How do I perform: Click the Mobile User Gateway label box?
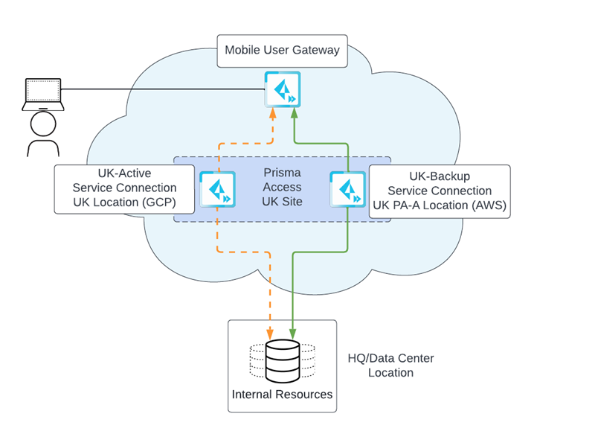point(282,51)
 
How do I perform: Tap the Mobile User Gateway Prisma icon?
point(282,89)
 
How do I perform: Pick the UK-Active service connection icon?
point(217,189)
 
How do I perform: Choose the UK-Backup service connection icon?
point(347,189)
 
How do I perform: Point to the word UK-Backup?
point(439,176)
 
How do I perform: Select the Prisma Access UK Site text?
point(282,188)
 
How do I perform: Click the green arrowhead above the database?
point(293,334)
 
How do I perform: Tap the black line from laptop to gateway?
point(164,90)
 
